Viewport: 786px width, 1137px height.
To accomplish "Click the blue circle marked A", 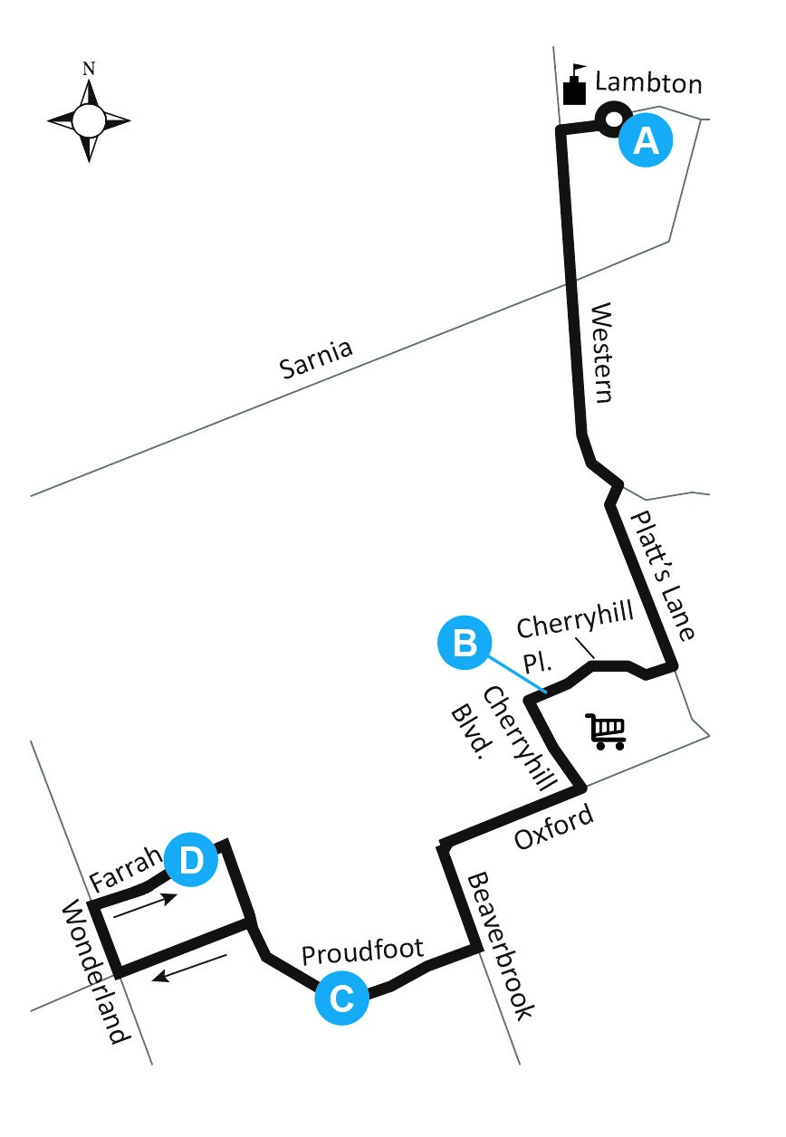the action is click(645, 141).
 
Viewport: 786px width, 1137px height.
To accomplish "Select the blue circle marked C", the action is click(342, 998).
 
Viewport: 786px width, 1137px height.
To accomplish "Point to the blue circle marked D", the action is click(191, 858).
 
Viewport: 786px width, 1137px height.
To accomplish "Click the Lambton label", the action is click(647, 84).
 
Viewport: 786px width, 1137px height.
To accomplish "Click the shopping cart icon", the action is click(607, 731).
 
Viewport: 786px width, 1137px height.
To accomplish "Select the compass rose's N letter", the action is click(88, 68).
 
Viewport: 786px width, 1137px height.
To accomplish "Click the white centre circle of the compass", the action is click(88, 119).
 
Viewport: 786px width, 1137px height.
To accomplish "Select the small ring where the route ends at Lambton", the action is click(612, 118).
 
